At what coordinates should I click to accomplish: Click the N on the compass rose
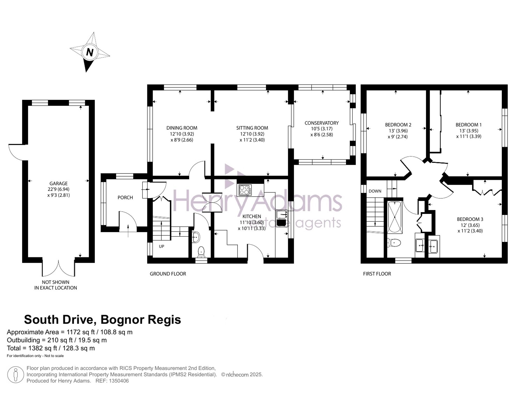pos(90,52)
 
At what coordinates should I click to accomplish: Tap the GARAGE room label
pos(59,183)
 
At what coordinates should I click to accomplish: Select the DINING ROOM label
pos(182,128)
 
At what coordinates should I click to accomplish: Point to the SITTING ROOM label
pos(252,128)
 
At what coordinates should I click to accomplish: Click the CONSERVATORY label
pos(321,123)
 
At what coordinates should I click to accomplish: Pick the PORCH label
pos(125,197)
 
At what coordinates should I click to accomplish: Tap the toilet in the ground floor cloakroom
pos(201,252)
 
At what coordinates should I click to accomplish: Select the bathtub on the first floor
pos(395,217)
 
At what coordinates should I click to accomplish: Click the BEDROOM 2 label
pos(398,125)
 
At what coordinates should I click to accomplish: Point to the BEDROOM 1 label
pos(469,125)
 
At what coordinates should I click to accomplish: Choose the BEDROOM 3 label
pos(470,219)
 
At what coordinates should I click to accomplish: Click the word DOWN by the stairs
pos(375,191)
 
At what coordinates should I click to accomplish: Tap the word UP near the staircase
pos(162,246)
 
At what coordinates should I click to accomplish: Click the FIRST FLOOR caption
pos(377,274)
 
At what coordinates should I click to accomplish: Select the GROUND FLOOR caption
pos(168,274)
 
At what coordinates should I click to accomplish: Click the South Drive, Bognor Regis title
pos(102,320)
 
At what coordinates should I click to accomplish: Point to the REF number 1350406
pos(119,381)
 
